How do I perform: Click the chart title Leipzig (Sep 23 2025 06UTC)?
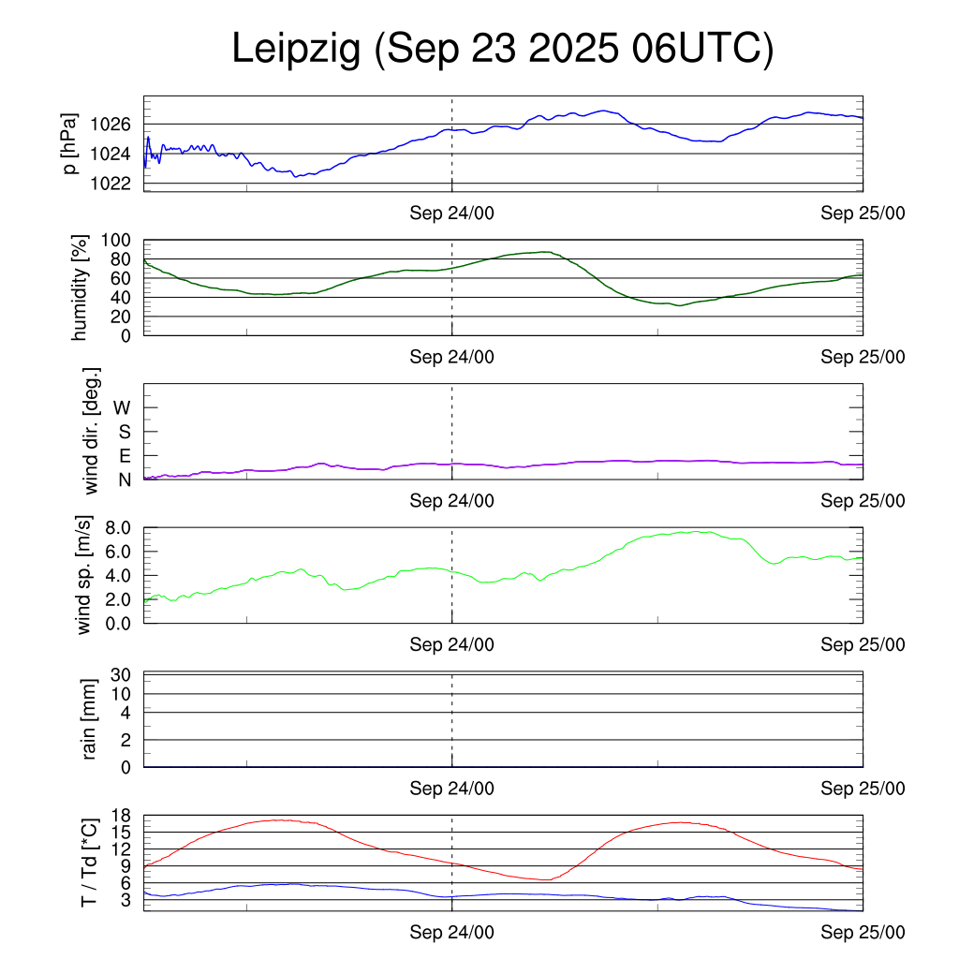click(503, 50)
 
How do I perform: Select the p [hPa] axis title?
click(70, 143)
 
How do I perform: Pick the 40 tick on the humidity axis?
click(124, 298)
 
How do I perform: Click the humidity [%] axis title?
click(81, 288)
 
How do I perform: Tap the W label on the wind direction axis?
click(122, 407)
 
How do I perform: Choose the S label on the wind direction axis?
click(123, 432)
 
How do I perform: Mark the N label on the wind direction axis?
click(123, 479)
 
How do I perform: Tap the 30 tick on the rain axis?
click(123, 674)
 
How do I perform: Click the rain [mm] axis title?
click(89, 719)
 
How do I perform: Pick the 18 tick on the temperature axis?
click(123, 815)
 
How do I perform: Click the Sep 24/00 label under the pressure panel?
click(451, 213)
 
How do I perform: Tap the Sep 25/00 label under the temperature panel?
click(863, 933)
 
